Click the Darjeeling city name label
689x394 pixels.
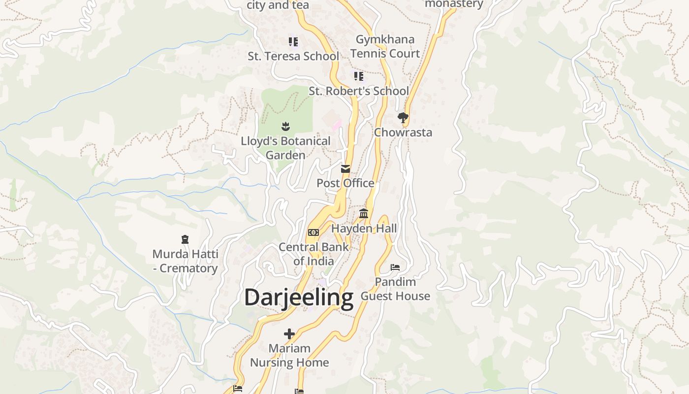coord(299,297)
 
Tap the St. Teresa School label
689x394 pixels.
coord(293,56)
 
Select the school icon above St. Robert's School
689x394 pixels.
coord(359,76)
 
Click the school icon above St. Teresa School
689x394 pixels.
coord(293,42)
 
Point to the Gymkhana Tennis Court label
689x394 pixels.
coord(385,46)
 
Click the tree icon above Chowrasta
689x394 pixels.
coord(403,118)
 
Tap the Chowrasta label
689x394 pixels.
coord(403,132)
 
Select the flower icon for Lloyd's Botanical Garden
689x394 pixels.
coord(285,127)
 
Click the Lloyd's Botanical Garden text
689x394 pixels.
coord(285,148)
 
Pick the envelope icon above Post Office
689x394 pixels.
coord(345,169)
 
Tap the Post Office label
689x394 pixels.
coord(345,183)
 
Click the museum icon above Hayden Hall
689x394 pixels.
coord(364,214)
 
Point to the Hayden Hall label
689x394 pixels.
coord(364,229)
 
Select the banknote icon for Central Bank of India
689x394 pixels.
coord(313,232)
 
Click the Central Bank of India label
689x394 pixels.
coord(313,254)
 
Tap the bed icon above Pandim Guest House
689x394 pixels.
coord(395,267)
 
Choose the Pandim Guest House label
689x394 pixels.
coord(395,289)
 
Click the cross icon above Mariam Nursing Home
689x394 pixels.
coord(289,334)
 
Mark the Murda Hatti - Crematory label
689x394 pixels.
coord(185,262)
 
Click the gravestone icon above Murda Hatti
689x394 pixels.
coord(185,239)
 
